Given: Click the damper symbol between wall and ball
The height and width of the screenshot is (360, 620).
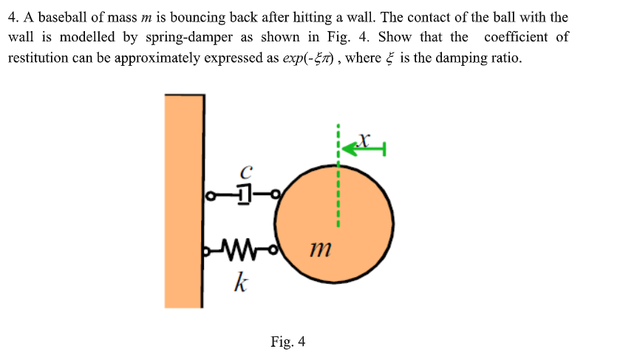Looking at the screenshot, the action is coord(245,194).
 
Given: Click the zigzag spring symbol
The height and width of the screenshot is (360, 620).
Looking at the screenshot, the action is coord(239,250).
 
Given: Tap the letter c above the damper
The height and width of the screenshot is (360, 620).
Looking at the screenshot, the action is coord(246,171).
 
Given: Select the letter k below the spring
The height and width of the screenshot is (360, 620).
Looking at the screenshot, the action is coord(241,283).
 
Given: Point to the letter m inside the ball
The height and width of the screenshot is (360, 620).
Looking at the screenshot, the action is coord(321,249).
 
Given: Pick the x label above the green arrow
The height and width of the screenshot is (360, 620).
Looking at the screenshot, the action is coord(364,139).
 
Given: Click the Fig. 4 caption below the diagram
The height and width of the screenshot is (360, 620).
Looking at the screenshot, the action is coord(288,342).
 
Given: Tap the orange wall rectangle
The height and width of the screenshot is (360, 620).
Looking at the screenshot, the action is coord(184,201).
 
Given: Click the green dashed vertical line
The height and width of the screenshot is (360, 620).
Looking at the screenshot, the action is coord(338,175).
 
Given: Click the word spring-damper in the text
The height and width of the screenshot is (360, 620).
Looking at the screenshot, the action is coord(189,38).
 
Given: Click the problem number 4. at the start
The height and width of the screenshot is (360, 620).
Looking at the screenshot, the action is coord(13,18).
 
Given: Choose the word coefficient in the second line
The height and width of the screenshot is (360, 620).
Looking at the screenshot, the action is coord(516,37).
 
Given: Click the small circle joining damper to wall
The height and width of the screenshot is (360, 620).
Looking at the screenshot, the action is coord(211,195).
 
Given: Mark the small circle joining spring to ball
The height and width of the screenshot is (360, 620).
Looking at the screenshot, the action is coord(273,250).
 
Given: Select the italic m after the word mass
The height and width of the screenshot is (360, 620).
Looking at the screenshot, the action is coord(146,18).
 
